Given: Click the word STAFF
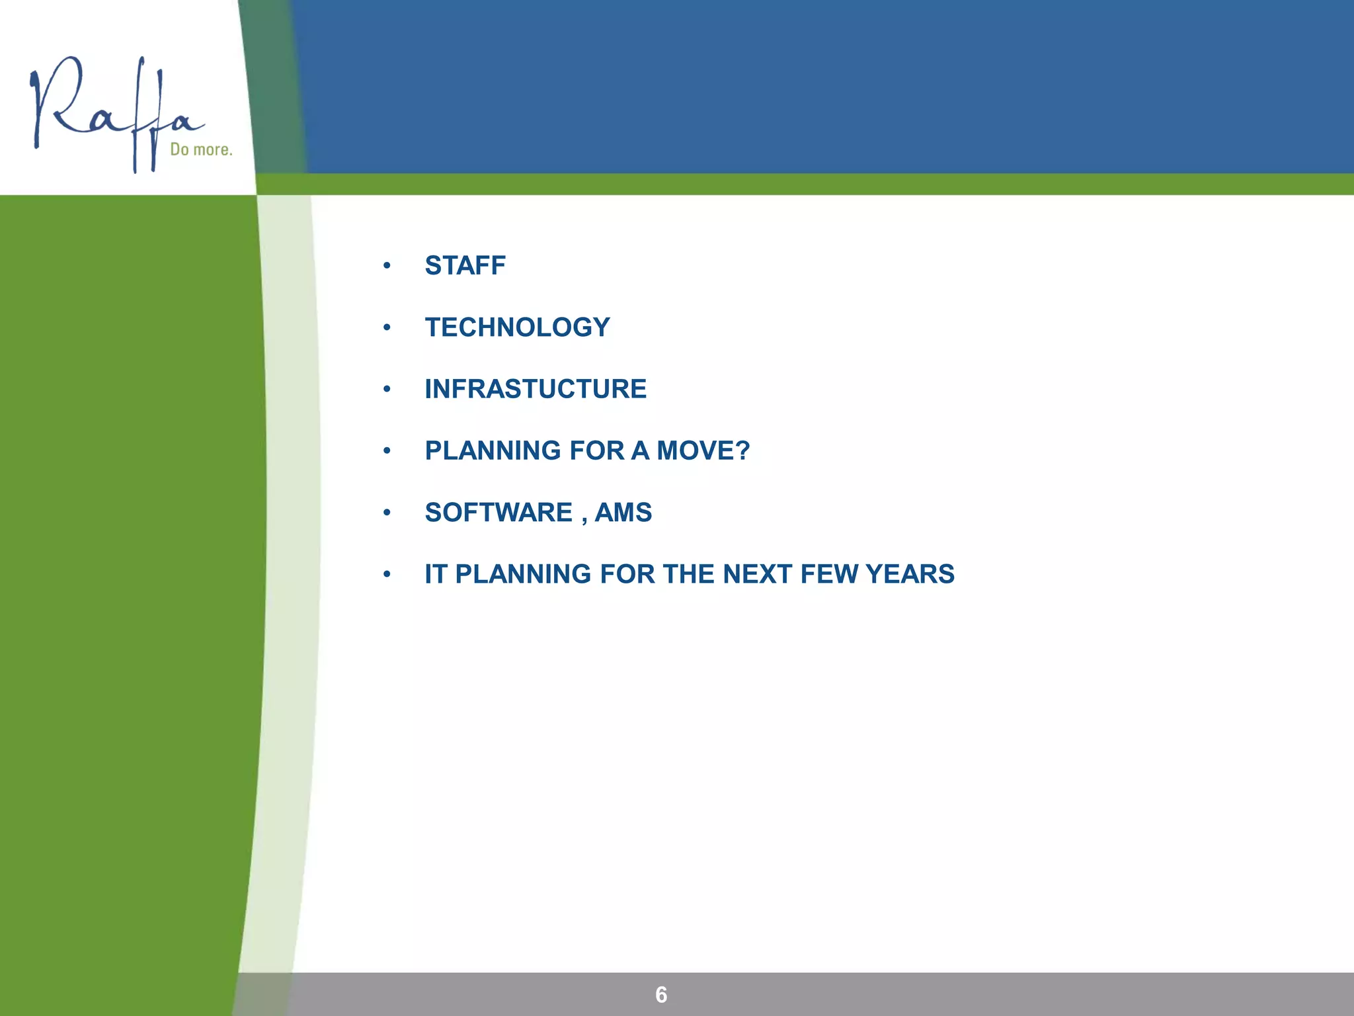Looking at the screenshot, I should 465,266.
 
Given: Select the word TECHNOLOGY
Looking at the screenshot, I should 517,327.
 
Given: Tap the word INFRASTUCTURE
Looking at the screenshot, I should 536,389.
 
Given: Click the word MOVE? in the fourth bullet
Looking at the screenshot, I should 703,451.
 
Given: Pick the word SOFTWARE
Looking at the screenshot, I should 498,513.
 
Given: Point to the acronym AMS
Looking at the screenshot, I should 623,513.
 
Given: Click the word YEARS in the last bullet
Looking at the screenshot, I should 909,574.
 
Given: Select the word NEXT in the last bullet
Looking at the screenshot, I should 758,574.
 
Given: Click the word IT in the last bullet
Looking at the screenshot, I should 436,574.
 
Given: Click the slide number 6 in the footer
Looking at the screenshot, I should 661,995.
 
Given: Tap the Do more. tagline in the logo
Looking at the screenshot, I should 201,149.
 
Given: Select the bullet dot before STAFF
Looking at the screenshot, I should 387,266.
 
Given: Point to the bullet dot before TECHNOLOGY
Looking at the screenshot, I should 387,327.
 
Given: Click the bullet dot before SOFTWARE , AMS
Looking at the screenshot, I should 387,513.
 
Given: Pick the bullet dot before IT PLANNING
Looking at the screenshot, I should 387,574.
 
